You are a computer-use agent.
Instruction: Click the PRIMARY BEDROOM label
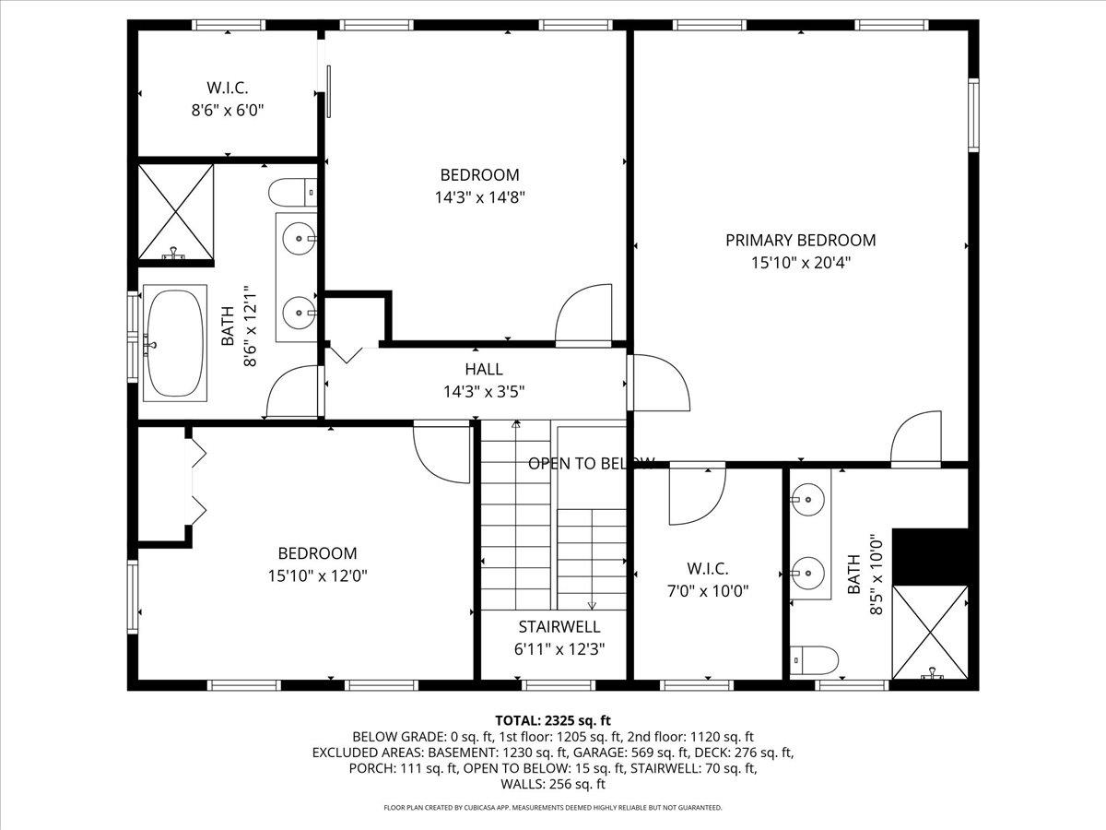point(800,240)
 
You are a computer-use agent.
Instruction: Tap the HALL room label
point(484,369)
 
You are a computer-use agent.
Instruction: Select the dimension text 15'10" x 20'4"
point(800,263)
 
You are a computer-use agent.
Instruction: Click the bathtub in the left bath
point(173,345)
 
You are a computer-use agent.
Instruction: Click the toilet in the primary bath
point(815,660)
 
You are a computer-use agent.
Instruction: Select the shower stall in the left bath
point(175,213)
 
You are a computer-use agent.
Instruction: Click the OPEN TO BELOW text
point(591,463)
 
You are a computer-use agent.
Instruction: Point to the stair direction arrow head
point(592,605)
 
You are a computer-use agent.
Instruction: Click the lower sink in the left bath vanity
point(298,313)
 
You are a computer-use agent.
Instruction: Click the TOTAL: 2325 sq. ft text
point(553,719)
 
